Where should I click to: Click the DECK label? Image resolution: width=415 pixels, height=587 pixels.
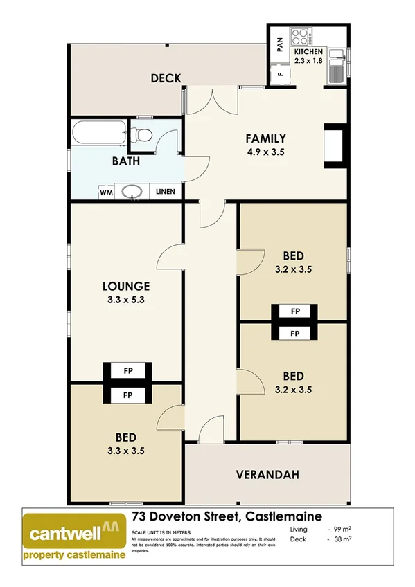(166, 78)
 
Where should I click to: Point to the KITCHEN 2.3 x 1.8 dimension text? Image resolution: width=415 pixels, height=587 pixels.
(308, 57)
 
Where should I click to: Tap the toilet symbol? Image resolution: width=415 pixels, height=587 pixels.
(143, 134)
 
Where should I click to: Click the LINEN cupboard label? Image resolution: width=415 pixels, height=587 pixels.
(165, 192)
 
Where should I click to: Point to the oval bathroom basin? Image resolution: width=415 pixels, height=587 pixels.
(131, 192)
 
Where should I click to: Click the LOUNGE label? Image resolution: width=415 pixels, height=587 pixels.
(126, 285)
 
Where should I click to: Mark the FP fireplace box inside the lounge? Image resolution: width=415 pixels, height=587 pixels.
(127, 371)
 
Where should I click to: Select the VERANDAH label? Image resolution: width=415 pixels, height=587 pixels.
(267, 475)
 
